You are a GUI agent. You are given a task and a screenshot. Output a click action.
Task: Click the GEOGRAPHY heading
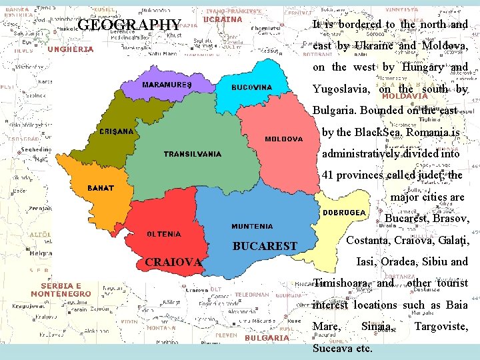point(129,26)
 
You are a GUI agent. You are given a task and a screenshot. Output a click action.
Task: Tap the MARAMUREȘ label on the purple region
point(167,85)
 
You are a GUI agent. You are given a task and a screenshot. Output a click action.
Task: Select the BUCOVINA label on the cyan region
point(251,87)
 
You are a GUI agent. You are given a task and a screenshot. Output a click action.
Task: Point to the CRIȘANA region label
point(116,132)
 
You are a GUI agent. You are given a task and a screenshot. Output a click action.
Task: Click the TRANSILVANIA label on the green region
point(193,154)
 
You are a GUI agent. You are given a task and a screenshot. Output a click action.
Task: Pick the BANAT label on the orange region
point(101,189)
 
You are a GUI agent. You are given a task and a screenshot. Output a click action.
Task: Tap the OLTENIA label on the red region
point(164,234)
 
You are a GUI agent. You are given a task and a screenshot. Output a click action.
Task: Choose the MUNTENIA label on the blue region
point(252,227)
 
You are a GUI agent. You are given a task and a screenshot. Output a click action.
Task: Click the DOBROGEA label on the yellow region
point(345,213)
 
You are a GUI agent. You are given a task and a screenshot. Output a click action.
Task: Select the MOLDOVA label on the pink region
point(283,139)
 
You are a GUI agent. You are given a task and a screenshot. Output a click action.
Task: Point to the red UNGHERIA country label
point(70,49)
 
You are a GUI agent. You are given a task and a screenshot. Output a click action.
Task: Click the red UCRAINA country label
point(222,20)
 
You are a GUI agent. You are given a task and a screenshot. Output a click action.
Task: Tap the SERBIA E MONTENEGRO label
point(61,289)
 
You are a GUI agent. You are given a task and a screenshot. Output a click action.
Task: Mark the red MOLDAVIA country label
point(405,96)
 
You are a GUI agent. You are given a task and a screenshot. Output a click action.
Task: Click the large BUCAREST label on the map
point(265,247)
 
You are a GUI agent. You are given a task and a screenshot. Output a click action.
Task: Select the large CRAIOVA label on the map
point(173,262)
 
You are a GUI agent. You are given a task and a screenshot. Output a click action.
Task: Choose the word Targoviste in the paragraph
point(441,327)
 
